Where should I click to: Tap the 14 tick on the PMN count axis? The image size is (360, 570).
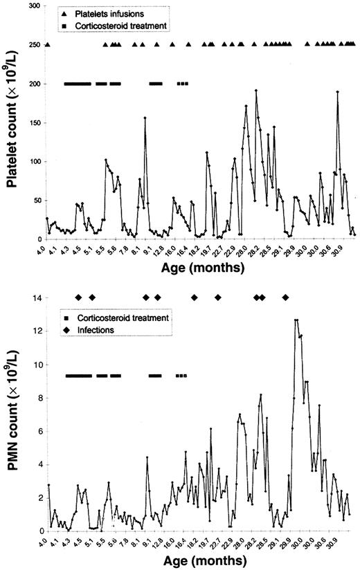point(35,297)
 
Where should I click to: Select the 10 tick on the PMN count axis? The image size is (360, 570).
point(35,365)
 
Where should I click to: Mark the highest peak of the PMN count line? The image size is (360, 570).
point(296,320)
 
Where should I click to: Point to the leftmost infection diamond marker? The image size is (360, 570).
point(78,297)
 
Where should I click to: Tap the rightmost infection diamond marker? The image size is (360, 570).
point(285,297)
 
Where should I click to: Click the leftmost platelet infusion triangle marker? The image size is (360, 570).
point(48,45)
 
